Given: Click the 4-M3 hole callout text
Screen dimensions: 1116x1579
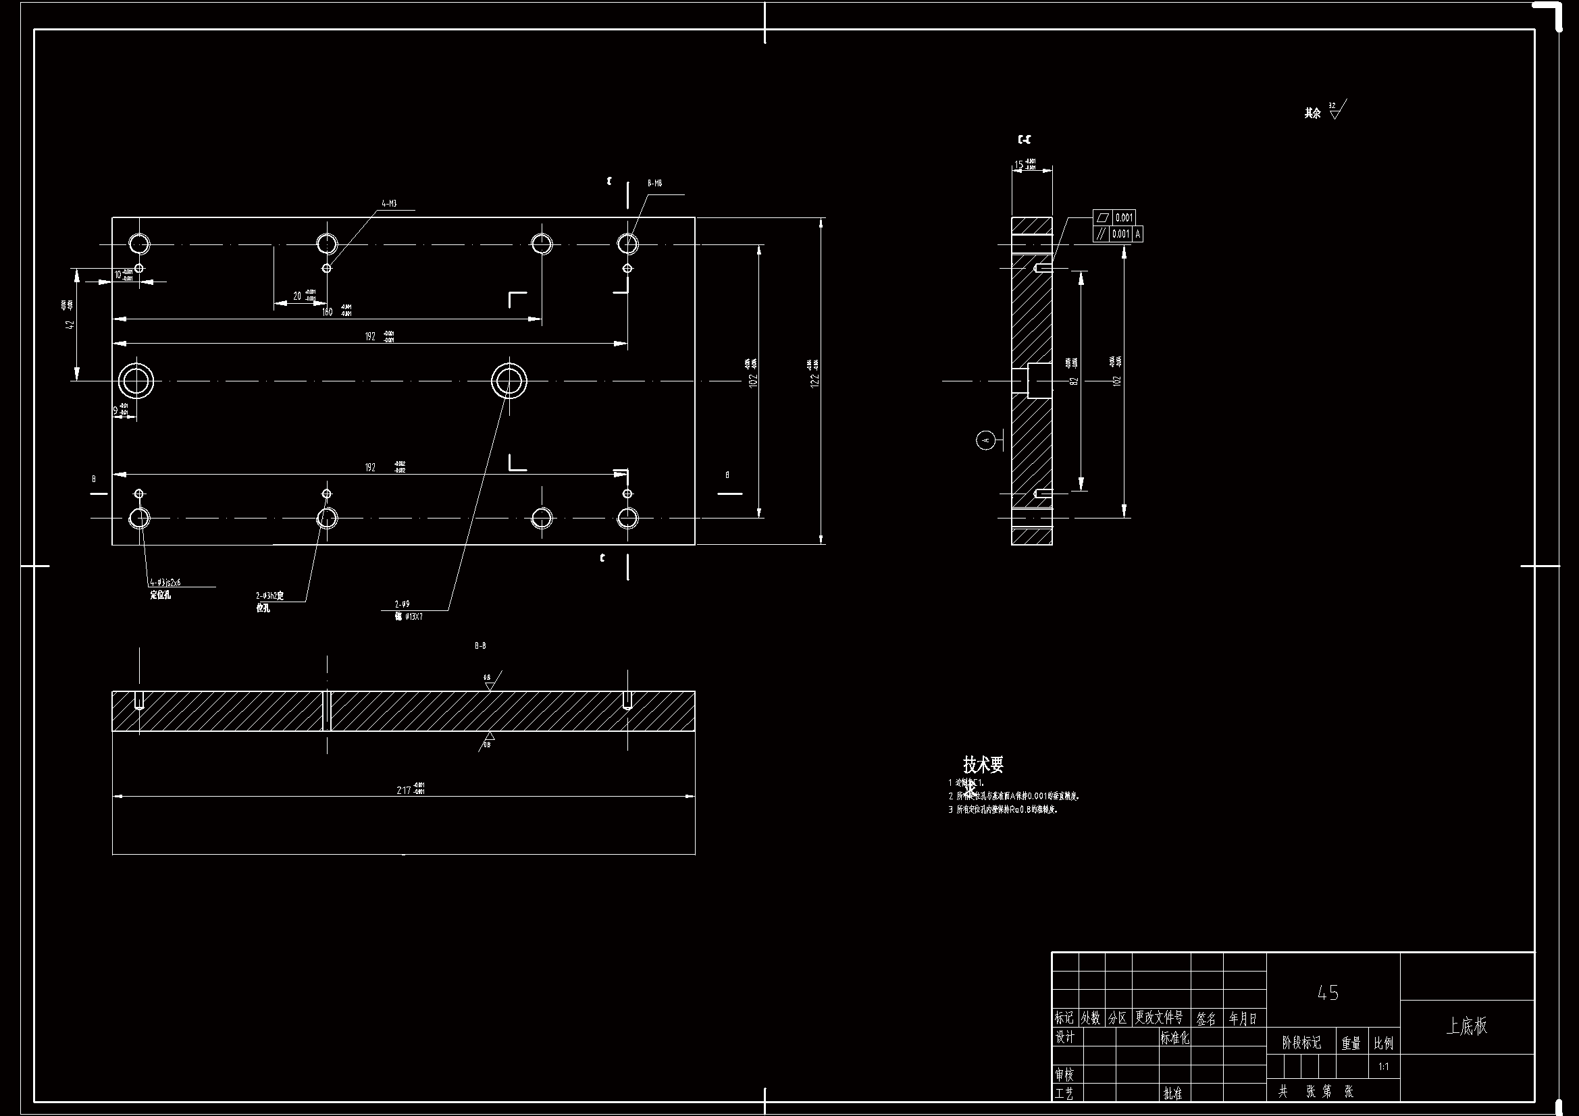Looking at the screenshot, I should pos(389,203).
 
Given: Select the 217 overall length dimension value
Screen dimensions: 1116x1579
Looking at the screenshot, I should pos(404,790).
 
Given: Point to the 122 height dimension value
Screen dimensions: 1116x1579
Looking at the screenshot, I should pos(815,380).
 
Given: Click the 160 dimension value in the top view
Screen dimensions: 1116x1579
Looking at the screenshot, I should pos(328,312).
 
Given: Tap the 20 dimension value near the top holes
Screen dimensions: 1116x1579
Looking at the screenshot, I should pos(297,296).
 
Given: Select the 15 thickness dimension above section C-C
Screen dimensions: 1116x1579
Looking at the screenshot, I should pos(1018,165).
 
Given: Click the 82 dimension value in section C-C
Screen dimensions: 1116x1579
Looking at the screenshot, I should pos(1074,380).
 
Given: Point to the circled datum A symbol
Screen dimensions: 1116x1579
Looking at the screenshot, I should pos(986,440).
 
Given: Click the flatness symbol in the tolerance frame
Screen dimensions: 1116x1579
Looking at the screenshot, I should pos(1103,218).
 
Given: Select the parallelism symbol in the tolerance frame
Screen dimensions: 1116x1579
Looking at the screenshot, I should pos(1102,234).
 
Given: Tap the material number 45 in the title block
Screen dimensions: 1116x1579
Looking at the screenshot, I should pos(1328,992).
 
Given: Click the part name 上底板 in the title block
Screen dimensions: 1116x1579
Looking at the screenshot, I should pos(1466,1026).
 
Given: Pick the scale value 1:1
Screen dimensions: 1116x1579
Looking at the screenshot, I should pos(1384,1067).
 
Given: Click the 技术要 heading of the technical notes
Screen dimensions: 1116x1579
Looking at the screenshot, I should pos(983,764).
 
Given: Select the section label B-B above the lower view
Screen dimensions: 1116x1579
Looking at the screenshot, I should pos(480,645).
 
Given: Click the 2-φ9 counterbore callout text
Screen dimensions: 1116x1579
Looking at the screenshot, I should pos(403,604).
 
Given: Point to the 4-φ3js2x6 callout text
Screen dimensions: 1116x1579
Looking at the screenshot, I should pos(164,583).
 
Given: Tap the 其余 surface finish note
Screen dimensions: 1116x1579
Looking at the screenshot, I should pos(1312,113).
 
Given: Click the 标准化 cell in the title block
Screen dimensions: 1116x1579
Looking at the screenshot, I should pos(1174,1038).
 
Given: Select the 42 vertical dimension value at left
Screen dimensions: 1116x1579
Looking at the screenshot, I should pos(69,323).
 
